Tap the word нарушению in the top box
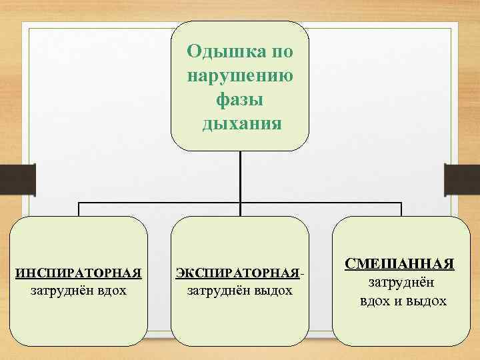coord(239,75)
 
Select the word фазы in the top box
coord(239,100)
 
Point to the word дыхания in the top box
coord(239,124)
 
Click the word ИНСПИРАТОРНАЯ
coord(79,273)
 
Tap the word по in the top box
coord(279,51)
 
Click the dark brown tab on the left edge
coord(12,179)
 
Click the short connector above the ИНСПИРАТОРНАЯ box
coord(79,209)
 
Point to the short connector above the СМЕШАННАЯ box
coord(400,209)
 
